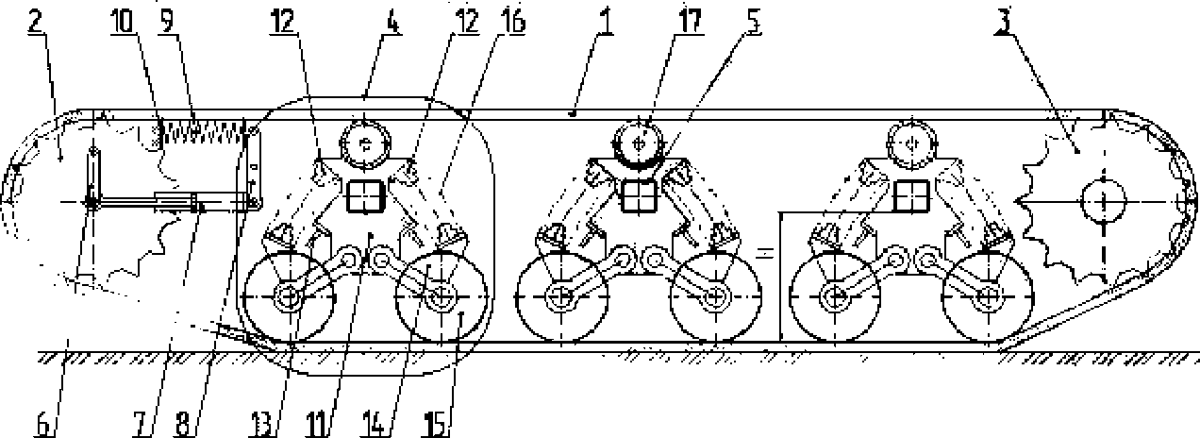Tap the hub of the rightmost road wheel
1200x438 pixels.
[988, 297]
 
